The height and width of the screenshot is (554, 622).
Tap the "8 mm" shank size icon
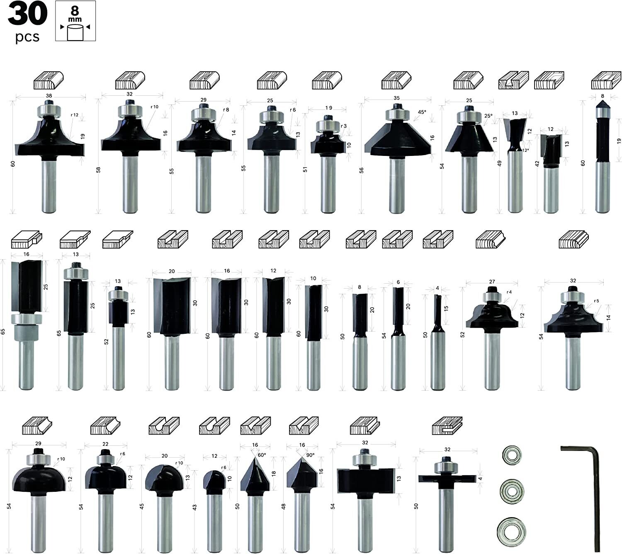point(75,21)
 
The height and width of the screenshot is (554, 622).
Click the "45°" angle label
point(422,112)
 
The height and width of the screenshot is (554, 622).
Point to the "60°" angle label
point(262,455)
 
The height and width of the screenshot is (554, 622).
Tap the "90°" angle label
point(311,455)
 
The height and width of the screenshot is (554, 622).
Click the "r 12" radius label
point(75,115)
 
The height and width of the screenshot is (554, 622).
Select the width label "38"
point(49,95)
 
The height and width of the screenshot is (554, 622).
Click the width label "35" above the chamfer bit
point(397,98)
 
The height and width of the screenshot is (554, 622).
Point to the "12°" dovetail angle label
point(526,150)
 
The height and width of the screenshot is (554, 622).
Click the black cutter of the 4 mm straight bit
point(437,313)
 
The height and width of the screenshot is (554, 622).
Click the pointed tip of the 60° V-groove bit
point(255,457)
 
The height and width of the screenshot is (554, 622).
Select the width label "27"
point(492,282)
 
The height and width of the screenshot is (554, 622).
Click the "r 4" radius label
point(509,292)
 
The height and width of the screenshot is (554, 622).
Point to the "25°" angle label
point(488,116)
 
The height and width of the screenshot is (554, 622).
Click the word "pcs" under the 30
point(27,37)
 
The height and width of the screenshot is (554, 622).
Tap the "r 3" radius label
point(343,126)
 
